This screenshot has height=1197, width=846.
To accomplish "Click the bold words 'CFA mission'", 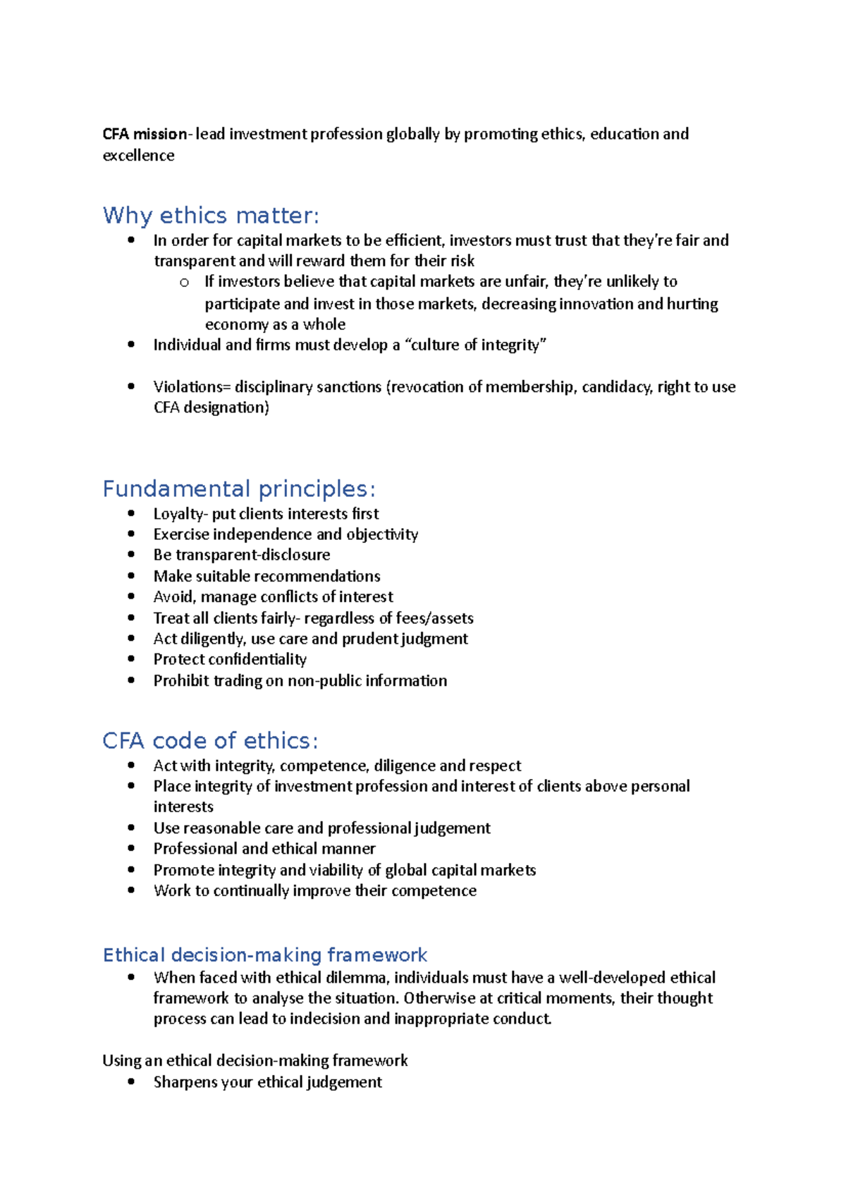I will pos(145,134).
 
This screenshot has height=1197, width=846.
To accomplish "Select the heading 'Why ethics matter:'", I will pos(211,215).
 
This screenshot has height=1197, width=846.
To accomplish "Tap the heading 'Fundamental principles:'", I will pos(239,489).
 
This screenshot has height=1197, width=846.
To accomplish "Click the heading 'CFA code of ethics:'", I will pos(210,740).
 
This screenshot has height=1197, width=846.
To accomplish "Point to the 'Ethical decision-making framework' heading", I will pos(265,954).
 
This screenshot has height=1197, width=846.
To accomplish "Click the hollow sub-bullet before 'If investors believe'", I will pos(184,283).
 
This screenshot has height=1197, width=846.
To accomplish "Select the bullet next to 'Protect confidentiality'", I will pos(131,659).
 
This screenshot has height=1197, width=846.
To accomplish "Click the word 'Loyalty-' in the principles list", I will pos(180,513).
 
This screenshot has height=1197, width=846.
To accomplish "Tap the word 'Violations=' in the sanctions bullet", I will pos(192,386).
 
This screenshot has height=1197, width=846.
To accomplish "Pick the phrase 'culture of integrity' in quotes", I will pos(476,345).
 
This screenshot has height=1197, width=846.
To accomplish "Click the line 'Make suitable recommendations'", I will pos(266,576).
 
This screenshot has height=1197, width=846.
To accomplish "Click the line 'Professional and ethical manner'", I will pos(264,848).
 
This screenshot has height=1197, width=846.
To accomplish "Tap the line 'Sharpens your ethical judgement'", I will pos(268,1081).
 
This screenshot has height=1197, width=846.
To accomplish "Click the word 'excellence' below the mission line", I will pos(138,155).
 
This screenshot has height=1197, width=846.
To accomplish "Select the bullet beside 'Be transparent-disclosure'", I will pos(131,555).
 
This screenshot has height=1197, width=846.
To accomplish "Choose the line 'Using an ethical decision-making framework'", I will pos(255,1060).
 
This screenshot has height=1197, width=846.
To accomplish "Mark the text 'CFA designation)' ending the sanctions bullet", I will pos(211,407).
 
